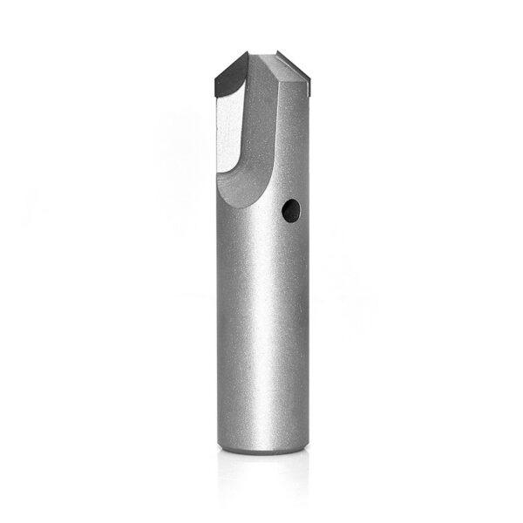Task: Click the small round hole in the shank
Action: [291, 209]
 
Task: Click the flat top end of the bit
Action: [264, 55]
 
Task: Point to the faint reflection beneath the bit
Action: [261, 475]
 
